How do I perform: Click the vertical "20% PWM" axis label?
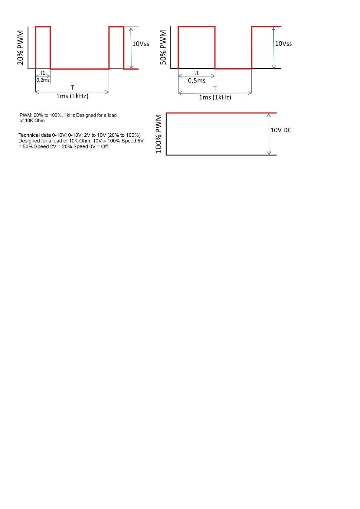click(x=20, y=47)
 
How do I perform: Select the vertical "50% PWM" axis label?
click(x=163, y=47)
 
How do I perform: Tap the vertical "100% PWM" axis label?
click(x=159, y=134)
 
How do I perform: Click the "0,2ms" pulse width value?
click(x=43, y=80)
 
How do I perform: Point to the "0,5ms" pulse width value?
click(x=197, y=80)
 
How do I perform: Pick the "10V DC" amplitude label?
click(x=281, y=130)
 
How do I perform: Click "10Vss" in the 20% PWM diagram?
click(x=141, y=44)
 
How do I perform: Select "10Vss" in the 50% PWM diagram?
click(x=283, y=44)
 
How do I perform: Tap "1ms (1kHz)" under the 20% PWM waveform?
click(x=72, y=96)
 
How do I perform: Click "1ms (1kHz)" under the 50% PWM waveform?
click(x=215, y=97)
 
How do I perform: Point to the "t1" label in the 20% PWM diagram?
click(x=43, y=73)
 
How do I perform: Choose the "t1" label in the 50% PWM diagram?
click(x=197, y=73)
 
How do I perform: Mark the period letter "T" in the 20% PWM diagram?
click(x=72, y=88)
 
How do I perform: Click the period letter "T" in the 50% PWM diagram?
click(x=215, y=89)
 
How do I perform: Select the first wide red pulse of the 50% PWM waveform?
click(x=197, y=27)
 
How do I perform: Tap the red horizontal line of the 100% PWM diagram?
click(x=221, y=113)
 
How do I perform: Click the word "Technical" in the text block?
click(x=29, y=135)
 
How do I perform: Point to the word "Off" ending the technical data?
click(x=104, y=147)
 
